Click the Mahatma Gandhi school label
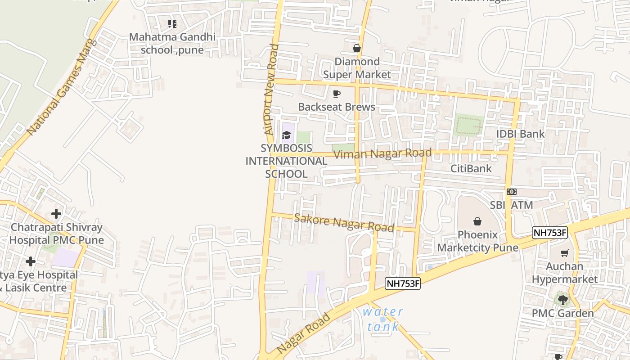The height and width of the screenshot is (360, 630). (172, 43)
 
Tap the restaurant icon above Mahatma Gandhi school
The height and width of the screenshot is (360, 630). (172, 23)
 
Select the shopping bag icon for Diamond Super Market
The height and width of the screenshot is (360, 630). (357, 48)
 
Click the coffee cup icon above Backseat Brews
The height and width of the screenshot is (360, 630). (336, 94)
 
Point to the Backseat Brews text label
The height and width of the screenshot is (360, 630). (337, 107)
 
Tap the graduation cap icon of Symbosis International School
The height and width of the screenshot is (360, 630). (286, 135)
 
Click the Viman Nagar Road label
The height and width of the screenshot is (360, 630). (383, 154)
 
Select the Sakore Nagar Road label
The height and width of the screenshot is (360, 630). (344, 223)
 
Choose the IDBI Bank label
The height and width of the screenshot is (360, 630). (520, 134)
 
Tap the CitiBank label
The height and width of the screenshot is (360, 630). (471, 169)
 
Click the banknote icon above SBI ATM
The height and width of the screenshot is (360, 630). (511, 192)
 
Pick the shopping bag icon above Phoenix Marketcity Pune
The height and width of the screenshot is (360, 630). (477, 221)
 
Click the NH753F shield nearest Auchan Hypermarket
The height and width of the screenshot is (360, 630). (550, 233)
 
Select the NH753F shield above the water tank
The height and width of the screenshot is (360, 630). (403, 283)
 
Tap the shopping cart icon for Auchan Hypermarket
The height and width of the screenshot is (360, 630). (564, 253)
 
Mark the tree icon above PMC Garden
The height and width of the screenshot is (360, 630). (562, 299)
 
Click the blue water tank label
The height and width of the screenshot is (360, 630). (383, 319)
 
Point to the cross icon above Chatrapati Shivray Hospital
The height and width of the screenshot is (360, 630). (56, 213)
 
